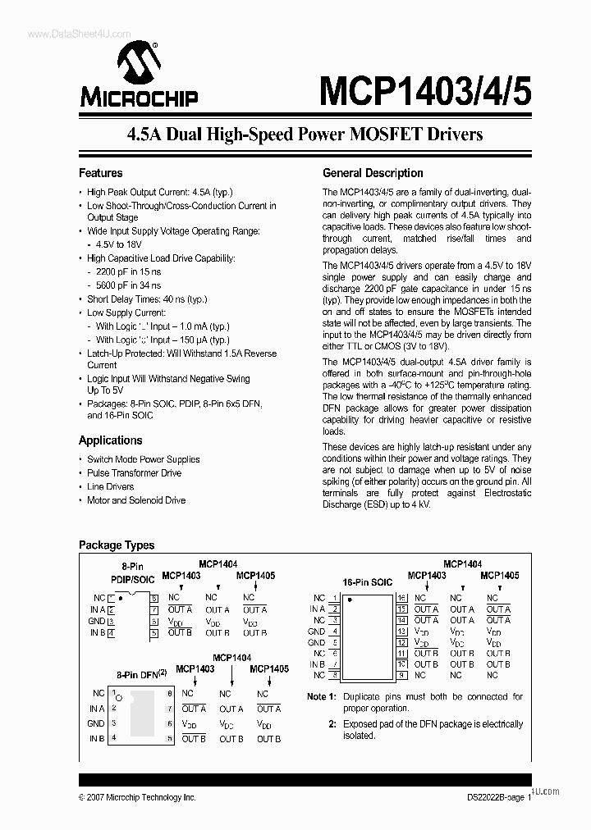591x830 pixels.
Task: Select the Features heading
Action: tap(100, 173)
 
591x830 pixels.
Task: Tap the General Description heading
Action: tap(373, 173)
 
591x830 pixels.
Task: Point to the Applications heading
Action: tap(110, 440)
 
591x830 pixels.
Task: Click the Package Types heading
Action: tap(116, 545)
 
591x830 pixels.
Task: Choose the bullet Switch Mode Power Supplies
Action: tap(143, 459)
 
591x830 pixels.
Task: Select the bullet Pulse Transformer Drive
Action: tap(134, 473)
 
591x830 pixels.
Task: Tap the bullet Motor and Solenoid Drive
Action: tap(135, 500)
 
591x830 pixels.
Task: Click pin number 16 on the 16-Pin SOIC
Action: tap(402, 598)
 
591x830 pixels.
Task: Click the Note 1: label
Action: tap(322, 696)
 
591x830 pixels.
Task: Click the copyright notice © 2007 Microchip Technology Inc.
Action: tap(137, 797)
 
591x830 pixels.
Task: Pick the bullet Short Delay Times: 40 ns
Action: tap(146, 299)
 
